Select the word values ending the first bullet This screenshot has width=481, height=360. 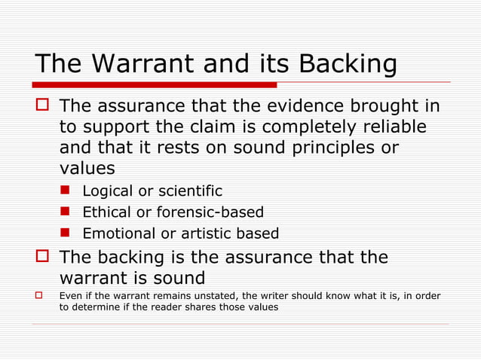[87, 167]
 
